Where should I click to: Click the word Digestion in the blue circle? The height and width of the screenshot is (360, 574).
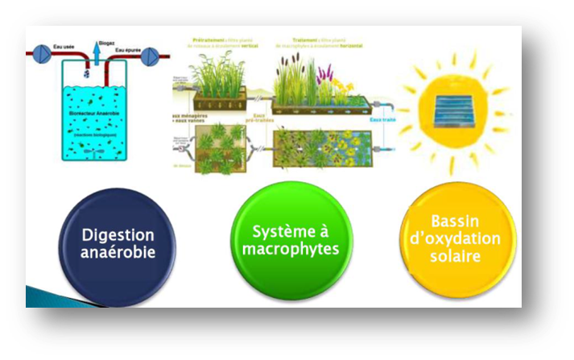pyautogui.click(x=118, y=234)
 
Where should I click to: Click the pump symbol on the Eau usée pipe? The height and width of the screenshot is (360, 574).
pyautogui.click(x=39, y=53)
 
